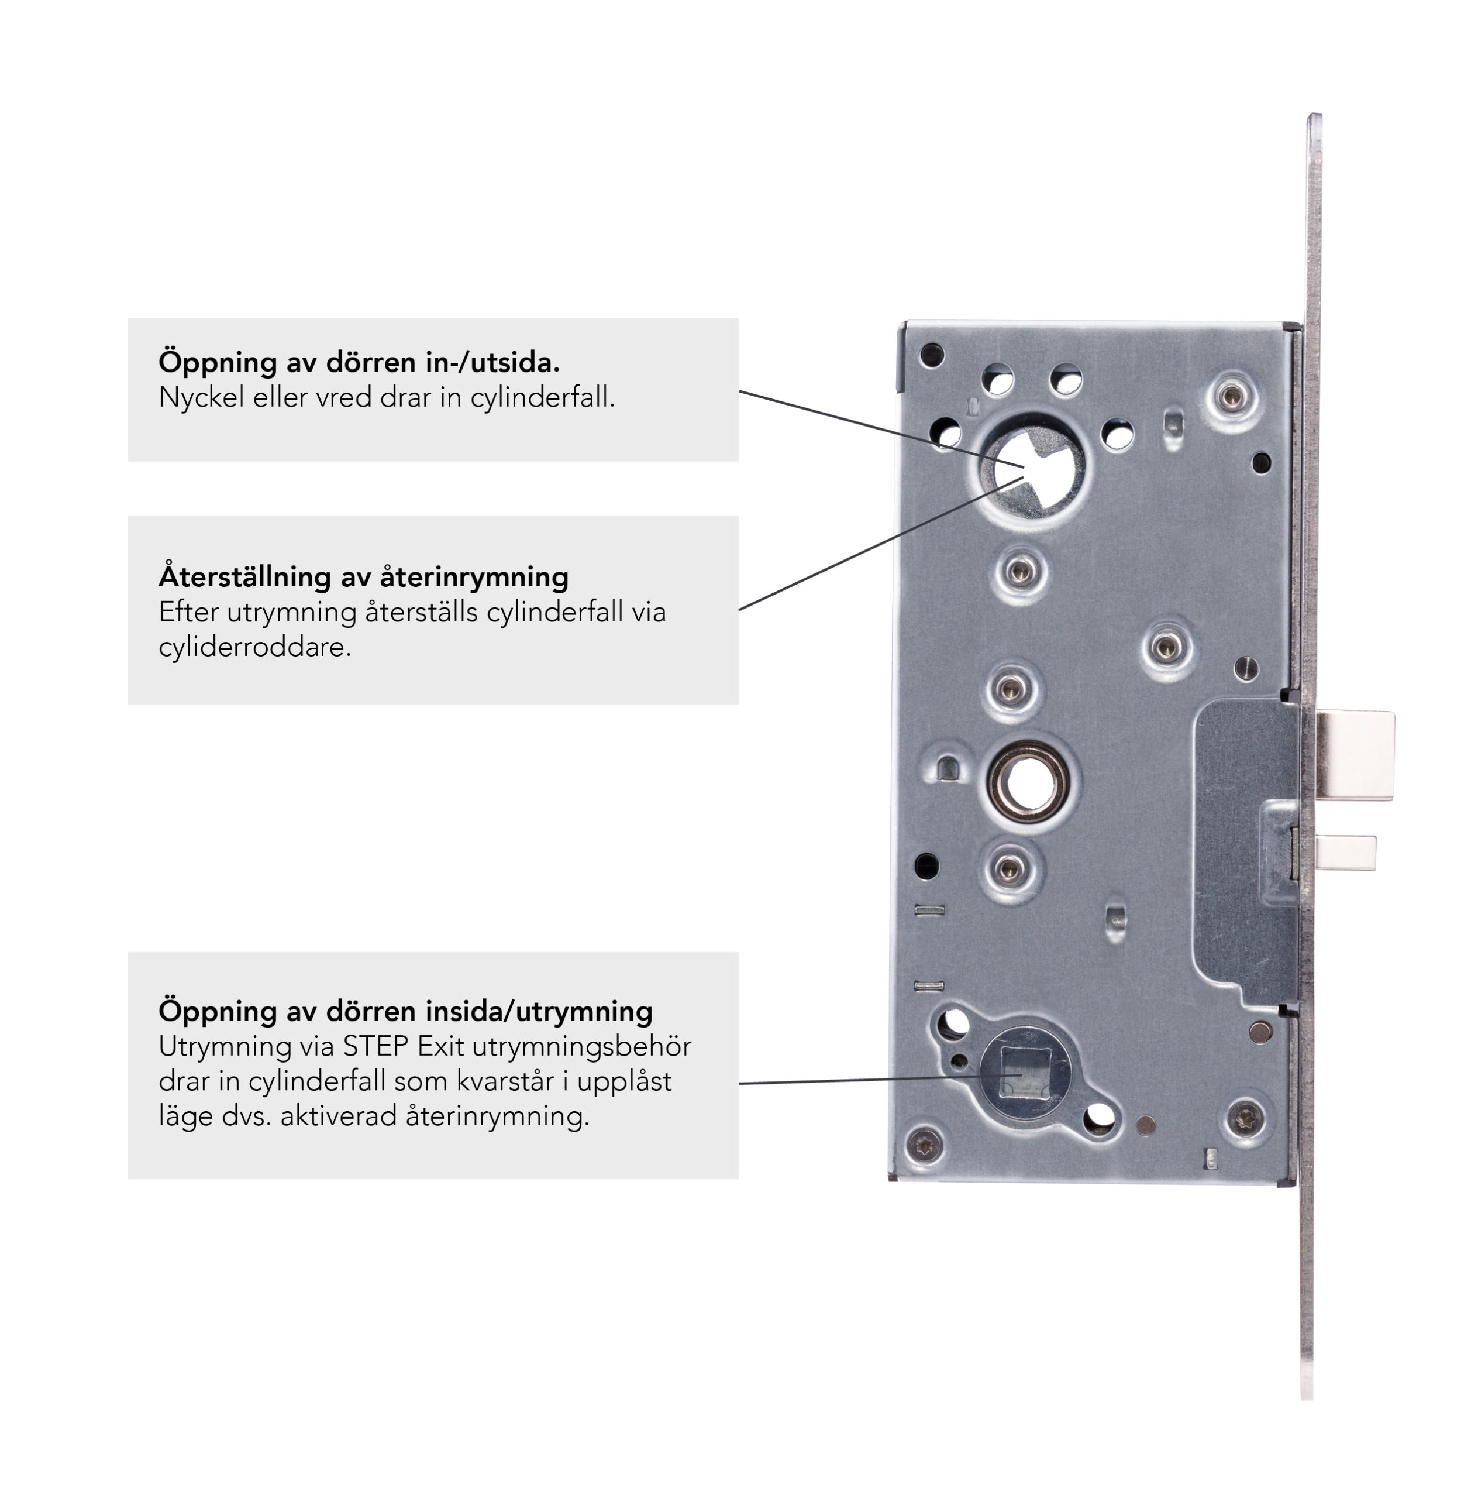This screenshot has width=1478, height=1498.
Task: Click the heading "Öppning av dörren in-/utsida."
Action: coord(359,362)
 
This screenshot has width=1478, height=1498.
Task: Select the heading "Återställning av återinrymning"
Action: coord(363,577)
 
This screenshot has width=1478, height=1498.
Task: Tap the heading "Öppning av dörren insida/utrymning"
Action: coord(405,1011)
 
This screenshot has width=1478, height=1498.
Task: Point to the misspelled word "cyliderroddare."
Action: coord(255,647)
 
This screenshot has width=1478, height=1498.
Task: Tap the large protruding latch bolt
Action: coord(1355,755)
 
